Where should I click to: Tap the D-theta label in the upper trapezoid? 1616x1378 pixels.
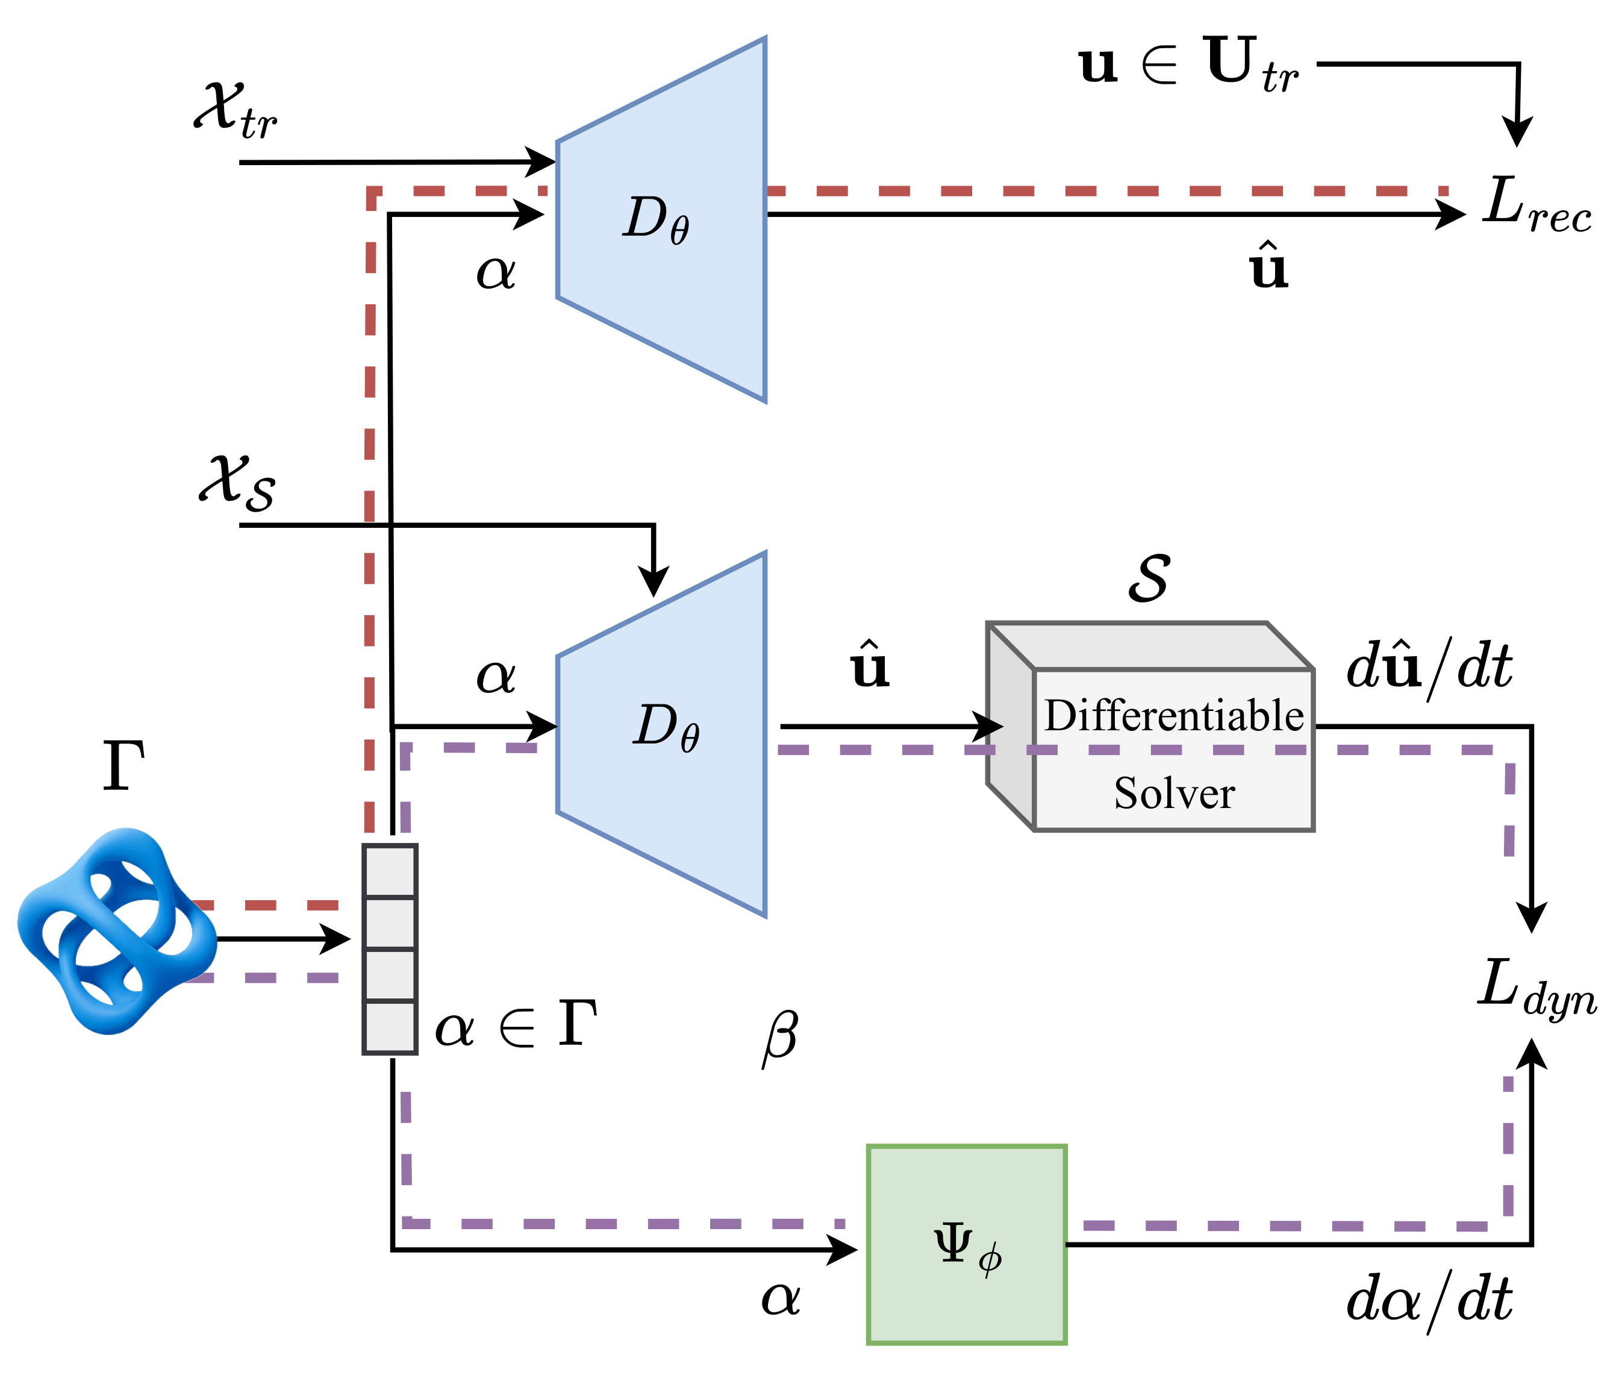click(x=656, y=219)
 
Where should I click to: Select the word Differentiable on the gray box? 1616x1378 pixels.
click(x=1174, y=716)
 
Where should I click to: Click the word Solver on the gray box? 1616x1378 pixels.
click(x=1174, y=794)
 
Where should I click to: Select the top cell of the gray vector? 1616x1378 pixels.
click(x=390, y=872)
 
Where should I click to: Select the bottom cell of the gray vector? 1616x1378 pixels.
click(x=390, y=1027)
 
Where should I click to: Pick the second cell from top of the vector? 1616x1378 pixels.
click(x=390, y=924)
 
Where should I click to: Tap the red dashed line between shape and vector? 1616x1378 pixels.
click(x=265, y=905)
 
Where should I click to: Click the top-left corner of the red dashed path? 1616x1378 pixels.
click(x=371, y=192)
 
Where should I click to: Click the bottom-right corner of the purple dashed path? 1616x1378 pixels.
click(x=1507, y=1226)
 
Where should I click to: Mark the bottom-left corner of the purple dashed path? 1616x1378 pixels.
click(x=407, y=1223)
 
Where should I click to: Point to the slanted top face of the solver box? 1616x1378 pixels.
click(x=1146, y=646)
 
